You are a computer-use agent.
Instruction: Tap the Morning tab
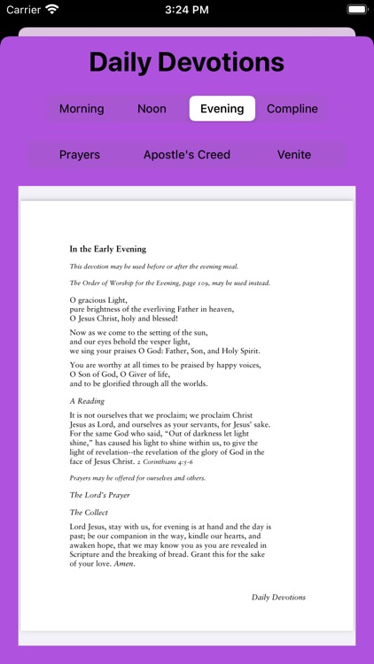pos(82,109)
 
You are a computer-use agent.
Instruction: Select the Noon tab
pos(152,109)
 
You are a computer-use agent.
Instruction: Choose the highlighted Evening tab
pos(222,109)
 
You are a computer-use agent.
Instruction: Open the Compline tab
pos(292,109)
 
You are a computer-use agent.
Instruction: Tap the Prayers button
pos(80,155)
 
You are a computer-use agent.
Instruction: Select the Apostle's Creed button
pos(187,155)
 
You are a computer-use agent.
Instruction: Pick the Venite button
pos(294,155)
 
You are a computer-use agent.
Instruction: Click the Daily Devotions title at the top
pos(187,62)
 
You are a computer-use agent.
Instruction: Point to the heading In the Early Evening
pos(108,249)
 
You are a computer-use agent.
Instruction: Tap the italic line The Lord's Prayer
pos(100,495)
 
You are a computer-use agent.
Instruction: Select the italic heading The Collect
pos(89,512)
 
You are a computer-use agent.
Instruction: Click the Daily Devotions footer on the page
pos(278,597)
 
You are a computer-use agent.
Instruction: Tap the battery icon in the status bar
pos(357,10)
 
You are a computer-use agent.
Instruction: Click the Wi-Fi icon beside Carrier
pos(52,10)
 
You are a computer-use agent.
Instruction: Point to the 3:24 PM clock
pos(186,10)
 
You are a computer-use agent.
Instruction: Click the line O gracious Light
pos(97,299)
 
